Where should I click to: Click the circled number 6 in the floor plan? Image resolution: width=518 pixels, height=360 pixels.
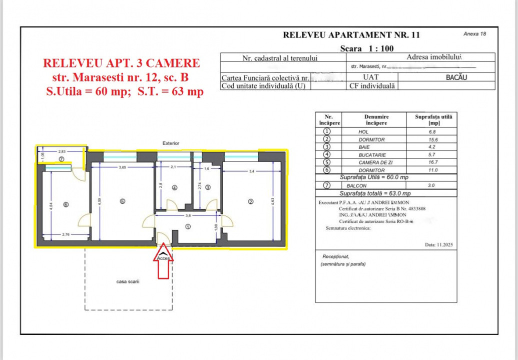65,204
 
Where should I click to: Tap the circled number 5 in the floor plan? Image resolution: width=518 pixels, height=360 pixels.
123,201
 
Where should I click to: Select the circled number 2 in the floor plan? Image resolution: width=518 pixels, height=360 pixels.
251,201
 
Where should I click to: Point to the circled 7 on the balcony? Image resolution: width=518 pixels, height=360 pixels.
61,158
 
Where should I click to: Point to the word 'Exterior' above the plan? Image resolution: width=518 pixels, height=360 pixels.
171,143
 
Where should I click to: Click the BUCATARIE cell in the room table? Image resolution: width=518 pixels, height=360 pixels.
372,155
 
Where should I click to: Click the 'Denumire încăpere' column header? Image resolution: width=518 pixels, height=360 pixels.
376,119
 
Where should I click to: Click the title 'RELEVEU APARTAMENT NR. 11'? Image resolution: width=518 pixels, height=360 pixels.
351,35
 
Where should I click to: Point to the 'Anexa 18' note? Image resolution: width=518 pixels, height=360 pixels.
474,34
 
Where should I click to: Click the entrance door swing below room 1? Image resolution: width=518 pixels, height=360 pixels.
164,238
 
